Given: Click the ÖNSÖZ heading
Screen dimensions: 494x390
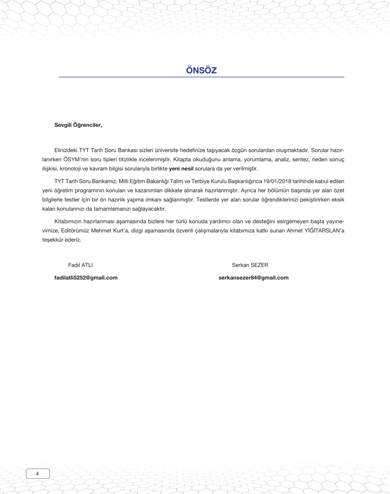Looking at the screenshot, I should tap(201, 70).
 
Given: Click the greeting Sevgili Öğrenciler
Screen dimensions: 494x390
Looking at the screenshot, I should tap(78, 125).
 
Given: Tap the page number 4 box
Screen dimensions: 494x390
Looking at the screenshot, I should tap(38, 474).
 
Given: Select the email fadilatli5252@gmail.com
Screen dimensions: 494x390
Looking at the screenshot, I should tap(86, 278).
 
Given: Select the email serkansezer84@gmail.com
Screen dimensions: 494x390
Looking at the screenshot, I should tap(254, 278).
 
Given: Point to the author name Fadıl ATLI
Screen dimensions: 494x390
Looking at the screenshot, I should tap(80, 265).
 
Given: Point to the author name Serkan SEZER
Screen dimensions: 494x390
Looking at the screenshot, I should tap(250, 265).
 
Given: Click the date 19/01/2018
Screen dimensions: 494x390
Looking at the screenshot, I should tap(277, 181).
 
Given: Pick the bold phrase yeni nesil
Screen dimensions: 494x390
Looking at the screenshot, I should tap(181, 169).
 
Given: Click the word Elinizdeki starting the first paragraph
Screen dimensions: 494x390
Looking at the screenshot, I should tap(66, 150).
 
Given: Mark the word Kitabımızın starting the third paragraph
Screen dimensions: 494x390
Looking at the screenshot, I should tap(68, 221).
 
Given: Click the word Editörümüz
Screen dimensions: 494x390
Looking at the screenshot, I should tap(75, 231).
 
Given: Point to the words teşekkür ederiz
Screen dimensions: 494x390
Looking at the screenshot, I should tap(61, 240).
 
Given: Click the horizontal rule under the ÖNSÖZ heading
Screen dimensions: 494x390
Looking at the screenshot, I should tap(201, 77).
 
